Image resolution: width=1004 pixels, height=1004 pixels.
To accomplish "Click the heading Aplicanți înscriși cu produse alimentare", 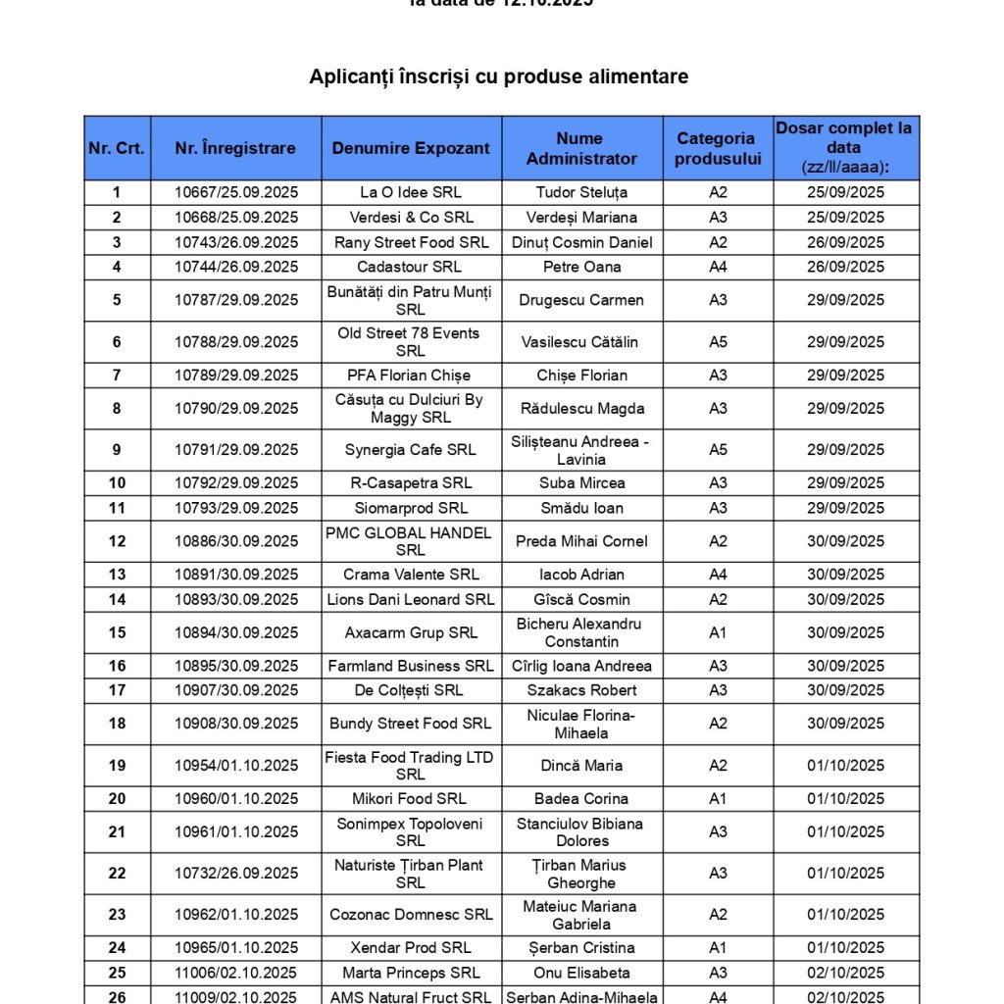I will [498, 76].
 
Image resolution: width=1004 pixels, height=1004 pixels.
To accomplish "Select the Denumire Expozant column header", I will [411, 149].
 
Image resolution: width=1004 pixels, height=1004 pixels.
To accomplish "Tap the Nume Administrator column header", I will [581, 149].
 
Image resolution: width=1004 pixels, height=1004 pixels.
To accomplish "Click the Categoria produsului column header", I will [717, 149].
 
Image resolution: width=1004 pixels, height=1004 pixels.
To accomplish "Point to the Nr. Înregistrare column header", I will [235, 149].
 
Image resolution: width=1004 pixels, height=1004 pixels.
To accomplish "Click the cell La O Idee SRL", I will [411, 193].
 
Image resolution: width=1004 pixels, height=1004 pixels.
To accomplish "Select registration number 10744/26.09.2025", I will [236, 267].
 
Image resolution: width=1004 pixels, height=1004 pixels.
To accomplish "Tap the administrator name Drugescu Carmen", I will [581, 300].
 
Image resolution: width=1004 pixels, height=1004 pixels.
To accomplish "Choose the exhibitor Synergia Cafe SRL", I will [411, 450].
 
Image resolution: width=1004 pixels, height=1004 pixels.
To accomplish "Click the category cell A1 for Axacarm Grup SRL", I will [718, 632].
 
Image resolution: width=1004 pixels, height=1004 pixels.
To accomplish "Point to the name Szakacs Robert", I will [581, 690].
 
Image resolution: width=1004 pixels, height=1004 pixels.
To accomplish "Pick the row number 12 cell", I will [118, 541].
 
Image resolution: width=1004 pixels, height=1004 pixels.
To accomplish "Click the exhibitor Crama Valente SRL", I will [411, 575].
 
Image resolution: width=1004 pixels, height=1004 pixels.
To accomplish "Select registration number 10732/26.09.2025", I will [236, 874].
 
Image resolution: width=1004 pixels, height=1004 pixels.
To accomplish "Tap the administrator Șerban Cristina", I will [581, 948].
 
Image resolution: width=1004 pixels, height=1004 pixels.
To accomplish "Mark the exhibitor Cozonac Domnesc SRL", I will [411, 915].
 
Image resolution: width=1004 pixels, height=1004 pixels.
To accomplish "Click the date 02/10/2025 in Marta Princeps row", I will [845, 974].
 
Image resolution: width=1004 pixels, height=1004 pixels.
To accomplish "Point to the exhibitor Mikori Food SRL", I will [411, 799].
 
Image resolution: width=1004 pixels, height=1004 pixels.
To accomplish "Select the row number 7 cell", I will [118, 376].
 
